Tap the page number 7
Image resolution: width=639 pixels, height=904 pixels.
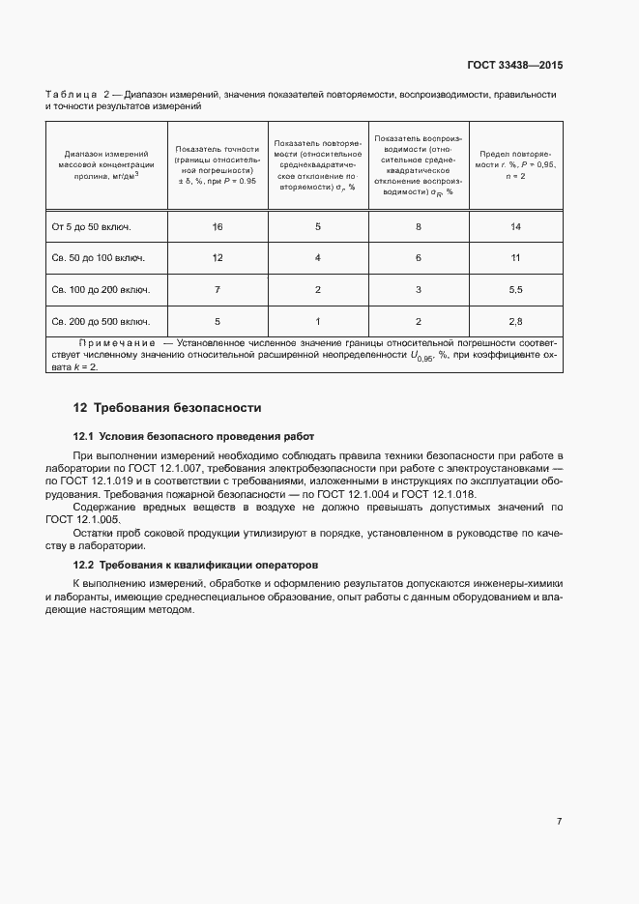coord(559,821)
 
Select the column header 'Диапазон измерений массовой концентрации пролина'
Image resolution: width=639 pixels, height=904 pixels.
coord(106,164)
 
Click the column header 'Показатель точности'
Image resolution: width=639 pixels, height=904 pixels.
coord(217,165)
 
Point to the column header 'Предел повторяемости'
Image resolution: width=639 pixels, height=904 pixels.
coord(515,165)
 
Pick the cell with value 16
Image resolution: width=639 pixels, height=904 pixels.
coord(218,226)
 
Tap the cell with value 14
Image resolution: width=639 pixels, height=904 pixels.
coord(515,226)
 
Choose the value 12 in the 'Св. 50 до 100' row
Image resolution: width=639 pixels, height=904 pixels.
coord(218,258)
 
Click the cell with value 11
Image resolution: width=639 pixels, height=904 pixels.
coord(515,258)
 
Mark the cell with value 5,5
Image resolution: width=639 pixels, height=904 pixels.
coord(515,289)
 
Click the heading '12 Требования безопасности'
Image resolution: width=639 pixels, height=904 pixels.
coord(167,408)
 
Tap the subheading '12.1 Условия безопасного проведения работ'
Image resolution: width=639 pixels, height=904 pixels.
coord(193,436)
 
